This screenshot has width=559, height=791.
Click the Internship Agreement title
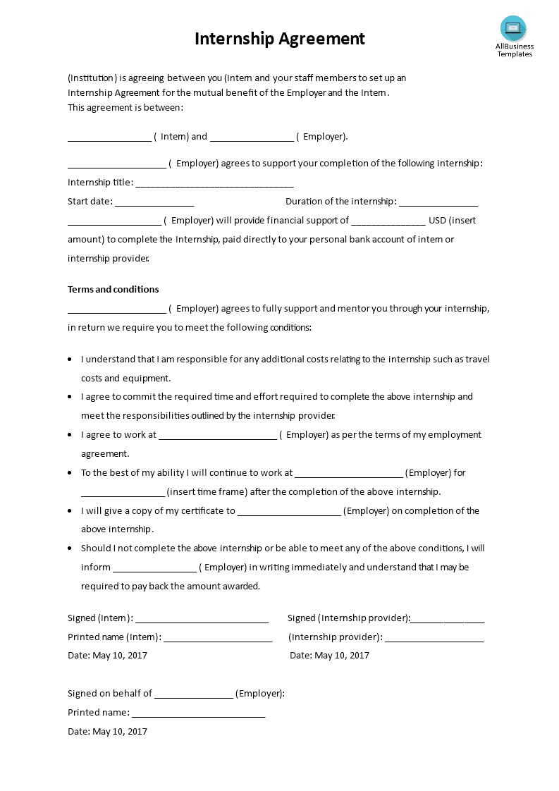pos(280,38)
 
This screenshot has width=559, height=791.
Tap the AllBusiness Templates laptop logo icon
pos(513,28)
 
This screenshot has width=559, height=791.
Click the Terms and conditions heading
pos(113,289)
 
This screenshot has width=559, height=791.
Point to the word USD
pos(437,220)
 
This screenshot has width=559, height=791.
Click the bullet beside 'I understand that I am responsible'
pos(70,360)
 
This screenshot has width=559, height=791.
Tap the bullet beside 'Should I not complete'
pos(70,548)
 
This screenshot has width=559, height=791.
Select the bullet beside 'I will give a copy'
pos(70,510)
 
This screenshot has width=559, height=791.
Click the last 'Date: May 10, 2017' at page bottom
pos(107,731)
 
